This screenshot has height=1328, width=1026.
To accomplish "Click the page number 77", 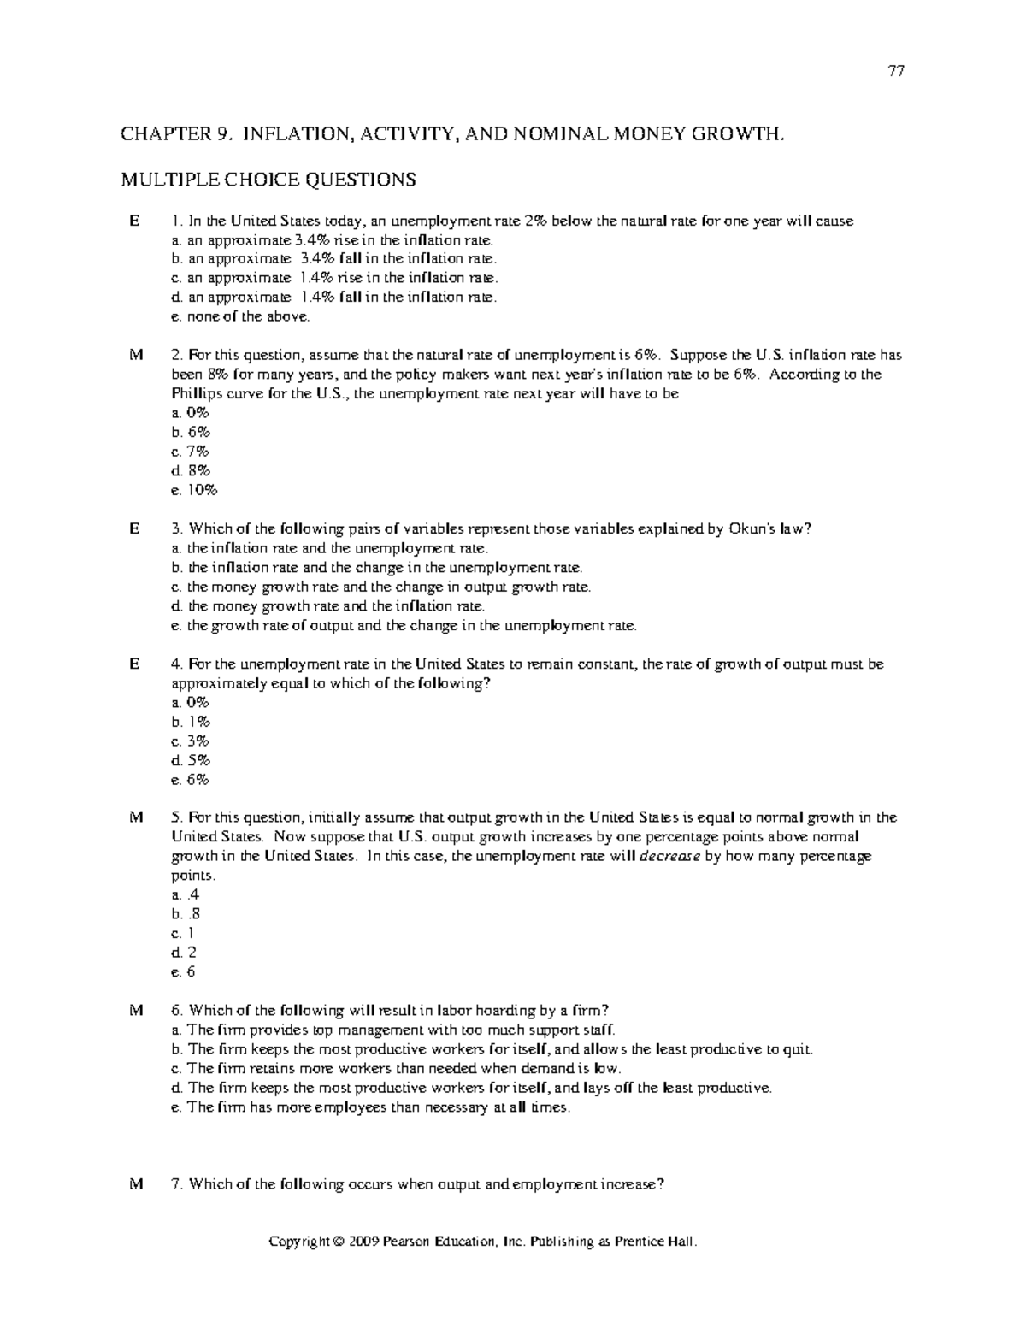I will point(896,71).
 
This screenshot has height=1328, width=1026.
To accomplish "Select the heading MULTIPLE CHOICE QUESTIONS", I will point(268,180).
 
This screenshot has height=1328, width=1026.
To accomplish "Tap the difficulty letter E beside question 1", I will point(133,221).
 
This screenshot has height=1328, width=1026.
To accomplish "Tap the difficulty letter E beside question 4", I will point(133,664).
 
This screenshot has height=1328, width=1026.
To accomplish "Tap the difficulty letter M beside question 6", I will point(134,1010).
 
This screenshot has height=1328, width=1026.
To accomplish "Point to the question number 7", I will point(177,1184).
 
